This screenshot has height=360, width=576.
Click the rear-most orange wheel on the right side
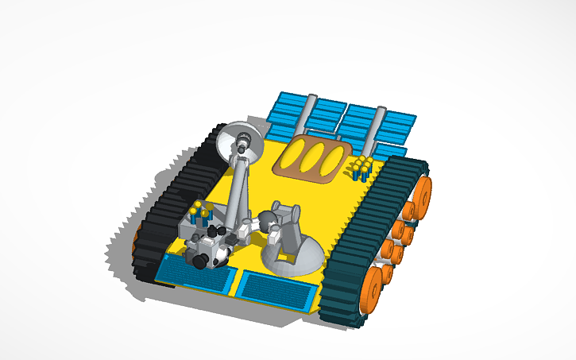coord(423,193)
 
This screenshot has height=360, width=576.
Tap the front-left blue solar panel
coord(195,272)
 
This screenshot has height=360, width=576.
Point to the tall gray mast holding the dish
coord(238,191)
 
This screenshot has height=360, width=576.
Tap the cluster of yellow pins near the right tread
coord(361,168)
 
